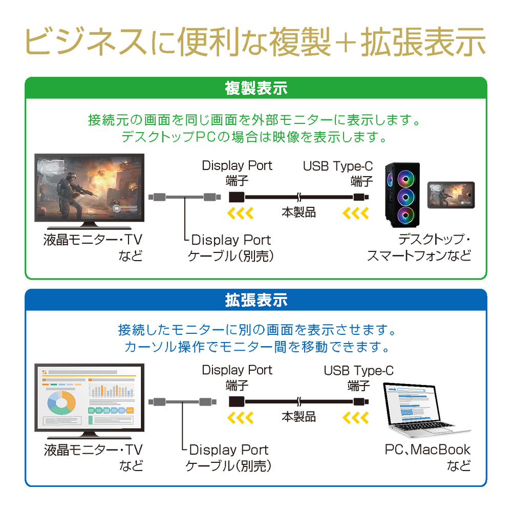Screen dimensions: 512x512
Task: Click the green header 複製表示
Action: point(256,88)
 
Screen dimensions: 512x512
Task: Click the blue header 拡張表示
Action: point(256,300)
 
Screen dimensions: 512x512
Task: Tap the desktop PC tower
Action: point(402,195)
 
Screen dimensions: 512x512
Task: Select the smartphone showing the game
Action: point(451,195)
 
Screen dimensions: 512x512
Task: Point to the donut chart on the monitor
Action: point(61,402)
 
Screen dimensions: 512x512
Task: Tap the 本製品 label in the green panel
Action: point(298,212)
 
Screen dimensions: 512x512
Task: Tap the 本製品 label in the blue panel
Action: point(298,417)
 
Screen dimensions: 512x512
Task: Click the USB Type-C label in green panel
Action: point(337,166)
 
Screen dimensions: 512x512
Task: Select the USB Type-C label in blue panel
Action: point(358,371)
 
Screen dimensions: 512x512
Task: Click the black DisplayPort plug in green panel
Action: point(237,197)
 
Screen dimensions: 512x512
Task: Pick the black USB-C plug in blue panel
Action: point(361,401)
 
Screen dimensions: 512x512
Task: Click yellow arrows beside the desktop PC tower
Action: point(356,213)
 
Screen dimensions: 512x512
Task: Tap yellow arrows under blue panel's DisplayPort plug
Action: point(240,418)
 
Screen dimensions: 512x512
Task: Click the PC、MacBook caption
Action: point(428,450)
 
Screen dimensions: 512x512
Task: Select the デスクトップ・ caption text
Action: point(434,240)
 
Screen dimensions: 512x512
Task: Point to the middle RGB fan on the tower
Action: point(406,197)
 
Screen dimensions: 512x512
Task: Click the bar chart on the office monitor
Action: point(112,391)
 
